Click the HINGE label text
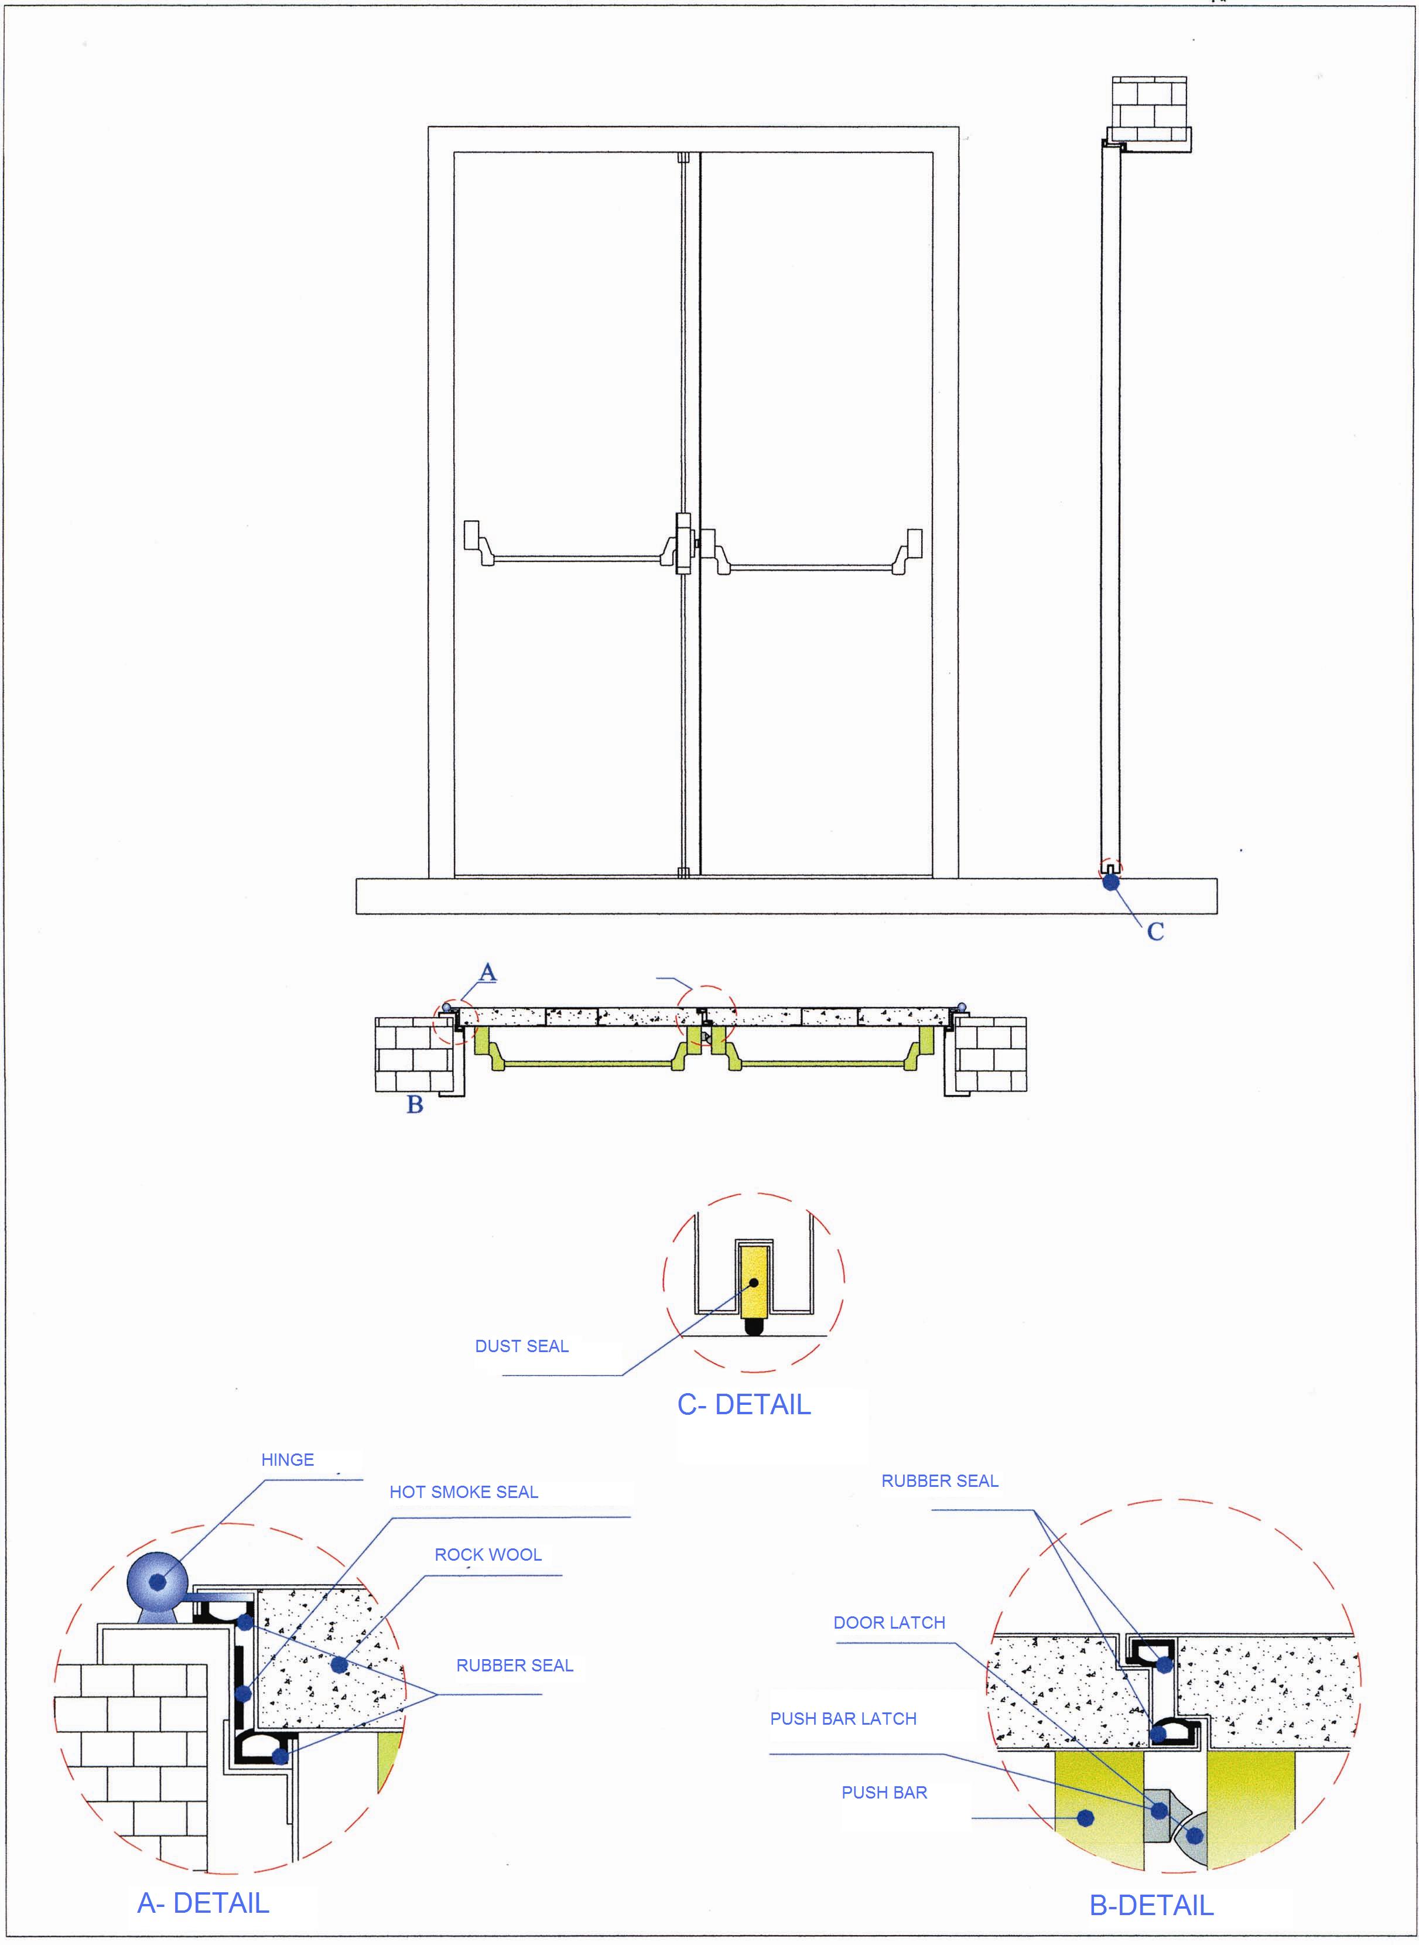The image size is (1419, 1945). tap(287, 1459)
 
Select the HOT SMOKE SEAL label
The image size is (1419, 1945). tap(464, 1492)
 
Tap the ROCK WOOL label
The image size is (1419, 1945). tap(488, 1554)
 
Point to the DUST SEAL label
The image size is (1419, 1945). tap(521, 1346)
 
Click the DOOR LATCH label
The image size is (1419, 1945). tap(889, 1623)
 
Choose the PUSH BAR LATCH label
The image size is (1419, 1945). tap(843, 1718)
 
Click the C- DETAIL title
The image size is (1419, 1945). tap(744, 1405)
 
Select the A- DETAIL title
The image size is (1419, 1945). tap(204, 1903)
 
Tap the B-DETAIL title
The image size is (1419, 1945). tap(1151, 1906)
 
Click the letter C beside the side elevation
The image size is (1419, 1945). tap(1155, 931)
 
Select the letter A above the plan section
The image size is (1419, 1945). tap(487, 972)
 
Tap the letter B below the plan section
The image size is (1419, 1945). tap(415, 1105)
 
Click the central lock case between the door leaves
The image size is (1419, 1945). tap(683, 543)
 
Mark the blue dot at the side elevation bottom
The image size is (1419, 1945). tap(1110, 882)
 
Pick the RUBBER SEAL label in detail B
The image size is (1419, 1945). tap(940, 1481)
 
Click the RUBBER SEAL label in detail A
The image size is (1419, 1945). tap(515, 1665)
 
